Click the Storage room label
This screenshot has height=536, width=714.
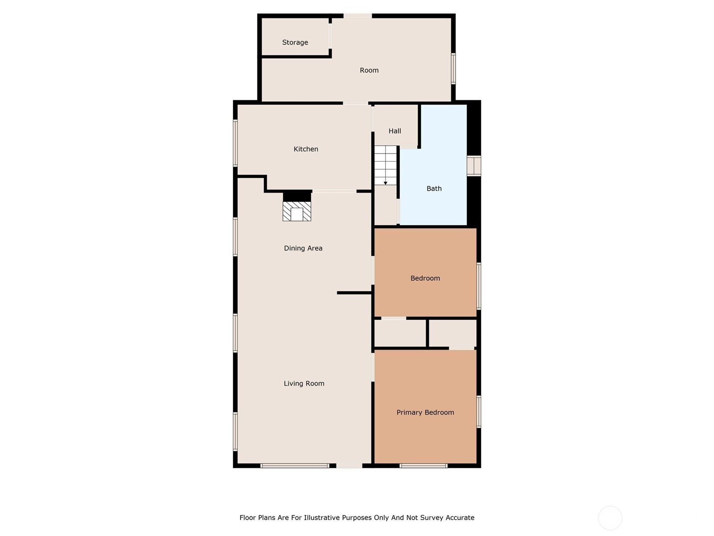click(295, 42)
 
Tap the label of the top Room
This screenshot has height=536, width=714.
click(369, 70)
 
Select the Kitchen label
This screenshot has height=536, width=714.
click(306, 149)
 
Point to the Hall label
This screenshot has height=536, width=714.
click(394, 131)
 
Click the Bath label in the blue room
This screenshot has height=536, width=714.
click(434, 188)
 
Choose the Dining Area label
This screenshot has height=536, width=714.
click(303, 248)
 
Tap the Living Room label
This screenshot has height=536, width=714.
click(304, 383)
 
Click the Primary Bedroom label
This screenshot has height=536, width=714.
click(425, 412)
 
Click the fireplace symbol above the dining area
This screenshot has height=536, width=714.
click(297, 211)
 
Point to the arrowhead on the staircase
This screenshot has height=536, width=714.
click(386, 183)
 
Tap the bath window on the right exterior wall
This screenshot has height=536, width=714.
click(473, 166)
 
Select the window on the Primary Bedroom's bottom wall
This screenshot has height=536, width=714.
click(423, 466)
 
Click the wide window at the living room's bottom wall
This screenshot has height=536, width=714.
click(295, 466)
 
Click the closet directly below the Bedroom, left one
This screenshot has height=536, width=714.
click(400, 333)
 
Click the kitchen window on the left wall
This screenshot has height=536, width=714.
click(235, 143)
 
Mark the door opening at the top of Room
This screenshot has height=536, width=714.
click(357, 16)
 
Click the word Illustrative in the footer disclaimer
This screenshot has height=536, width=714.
click(322, 518)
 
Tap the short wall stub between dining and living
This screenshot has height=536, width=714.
click(354, 293)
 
